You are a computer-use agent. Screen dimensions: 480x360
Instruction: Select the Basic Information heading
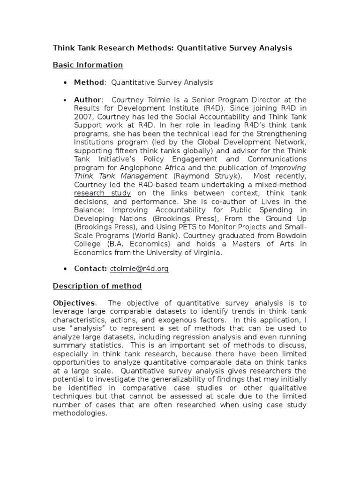click(x=88, y=65)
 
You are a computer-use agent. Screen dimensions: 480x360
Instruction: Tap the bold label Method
click(x=89, y=82)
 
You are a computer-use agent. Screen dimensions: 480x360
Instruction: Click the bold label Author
click(x=88, y=100)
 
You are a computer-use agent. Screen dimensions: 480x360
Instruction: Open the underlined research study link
click(x=103, y=193)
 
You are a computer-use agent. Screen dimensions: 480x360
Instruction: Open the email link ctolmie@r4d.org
click(x=139, y=269)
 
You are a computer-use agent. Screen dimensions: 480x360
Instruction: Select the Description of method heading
click(x=97, y=286)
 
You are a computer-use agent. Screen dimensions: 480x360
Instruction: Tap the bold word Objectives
click(x=74, y=303)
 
